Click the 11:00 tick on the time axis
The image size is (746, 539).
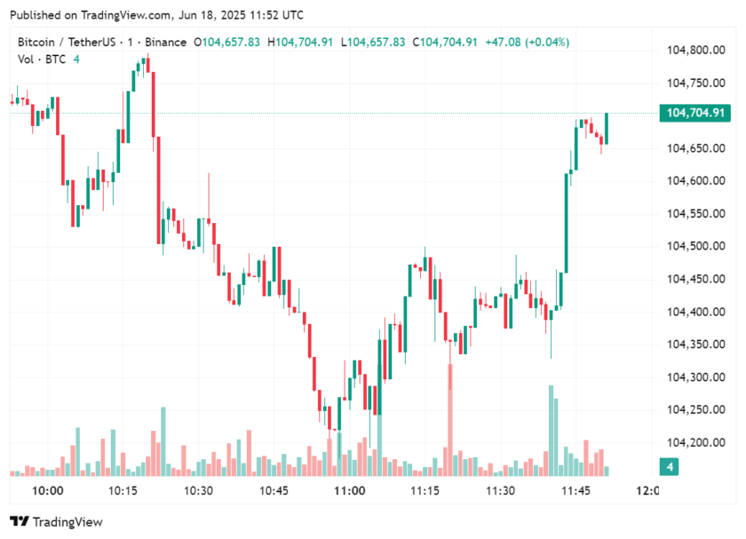(349, 491)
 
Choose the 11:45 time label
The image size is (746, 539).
(576, 491)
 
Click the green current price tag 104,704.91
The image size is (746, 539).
(693, 114)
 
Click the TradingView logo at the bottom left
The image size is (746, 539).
(56, 522)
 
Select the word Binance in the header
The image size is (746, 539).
(167, 42)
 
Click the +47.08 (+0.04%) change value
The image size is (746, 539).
(528, 42)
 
